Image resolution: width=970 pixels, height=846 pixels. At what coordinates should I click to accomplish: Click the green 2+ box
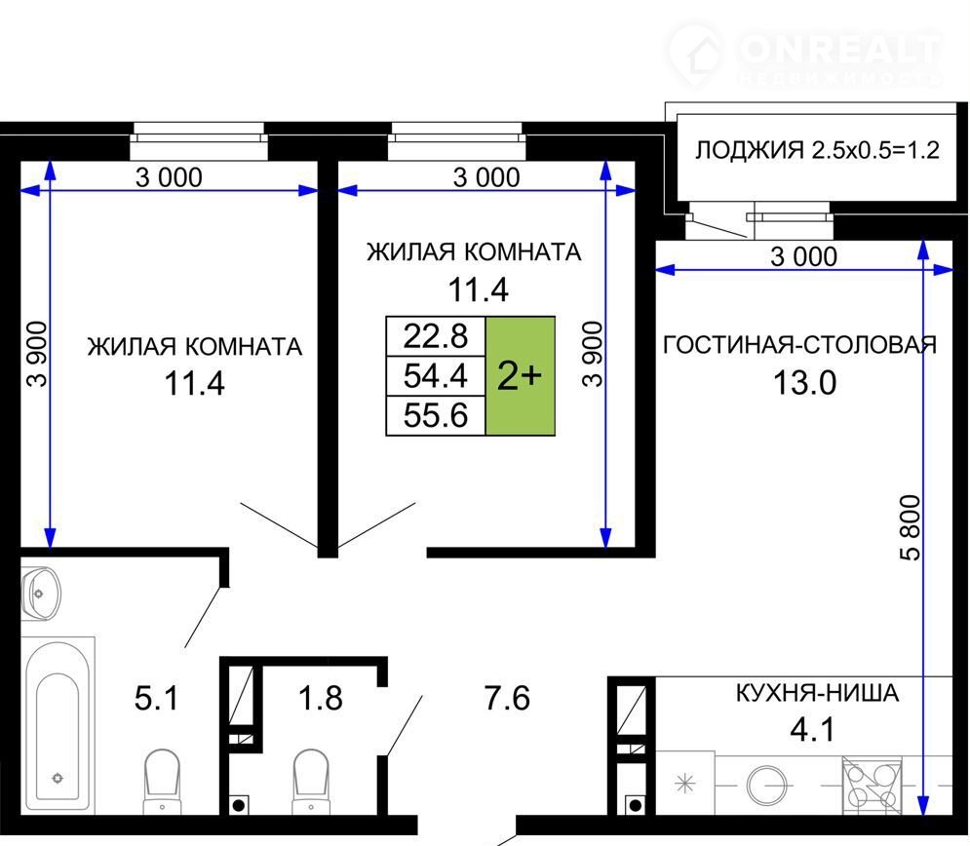(x=521, y=376)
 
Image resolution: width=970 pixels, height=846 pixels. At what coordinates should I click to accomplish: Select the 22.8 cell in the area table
(x=436, y=336)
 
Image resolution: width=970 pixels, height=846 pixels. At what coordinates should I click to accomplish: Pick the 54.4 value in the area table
(x=436, y=376)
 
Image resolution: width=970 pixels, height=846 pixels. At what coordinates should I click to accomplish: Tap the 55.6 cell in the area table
(x=436, y=415)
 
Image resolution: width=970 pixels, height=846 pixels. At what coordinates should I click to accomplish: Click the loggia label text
(x=817, y=150)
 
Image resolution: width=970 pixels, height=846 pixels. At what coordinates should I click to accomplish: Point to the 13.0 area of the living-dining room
(x=805, y=383)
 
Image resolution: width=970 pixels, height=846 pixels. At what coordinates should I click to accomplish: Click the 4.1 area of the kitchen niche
(x=812, y=730)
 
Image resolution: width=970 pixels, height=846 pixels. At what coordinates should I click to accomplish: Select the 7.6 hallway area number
(x=507, y=698)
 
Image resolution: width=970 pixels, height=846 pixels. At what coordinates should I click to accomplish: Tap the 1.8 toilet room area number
(x=321, y=698)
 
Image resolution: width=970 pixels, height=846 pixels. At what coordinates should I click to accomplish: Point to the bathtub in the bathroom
(x=57, y=727)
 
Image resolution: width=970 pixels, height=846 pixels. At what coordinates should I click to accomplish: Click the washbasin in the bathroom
(x=41, y=593)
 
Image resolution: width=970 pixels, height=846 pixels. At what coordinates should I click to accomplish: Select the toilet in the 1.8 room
(x=311, y=782)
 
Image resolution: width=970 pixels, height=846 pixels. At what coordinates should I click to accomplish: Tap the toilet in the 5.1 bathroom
(x=162, y=782)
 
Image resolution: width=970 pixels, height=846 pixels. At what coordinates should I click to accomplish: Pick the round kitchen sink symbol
(x=766, y=785)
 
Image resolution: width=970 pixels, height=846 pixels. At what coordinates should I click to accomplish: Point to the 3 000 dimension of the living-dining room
(x=803, y=256)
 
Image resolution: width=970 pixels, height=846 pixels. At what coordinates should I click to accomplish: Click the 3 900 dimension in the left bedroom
(x=36, y=355)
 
